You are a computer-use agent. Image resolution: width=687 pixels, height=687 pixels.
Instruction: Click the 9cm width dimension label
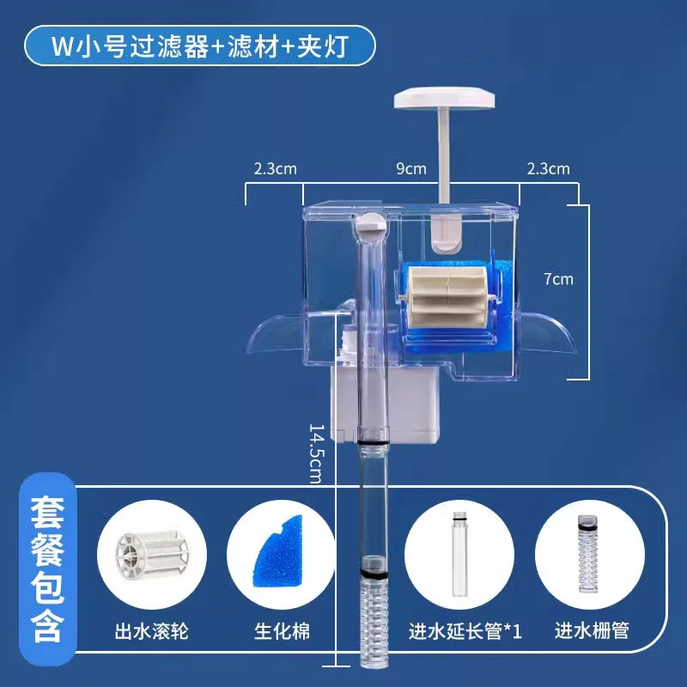click(x=411, y=168)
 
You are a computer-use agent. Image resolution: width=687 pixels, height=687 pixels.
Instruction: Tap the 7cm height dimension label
click(x=558, y=279)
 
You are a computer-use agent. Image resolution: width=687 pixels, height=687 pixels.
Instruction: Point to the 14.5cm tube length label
click(x=316, y=453)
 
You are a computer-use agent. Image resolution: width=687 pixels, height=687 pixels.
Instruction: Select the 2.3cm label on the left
click(x=275, y=168)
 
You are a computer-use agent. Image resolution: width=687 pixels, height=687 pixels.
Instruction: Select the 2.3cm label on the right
click(x=548, y=168)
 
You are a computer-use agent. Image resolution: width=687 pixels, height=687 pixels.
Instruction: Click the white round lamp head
click(x=444, y=98)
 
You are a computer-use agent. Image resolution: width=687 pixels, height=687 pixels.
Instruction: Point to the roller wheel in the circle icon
click(x=152, y=554)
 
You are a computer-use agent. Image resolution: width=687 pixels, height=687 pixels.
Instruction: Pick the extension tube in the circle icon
click(x=459, y=553)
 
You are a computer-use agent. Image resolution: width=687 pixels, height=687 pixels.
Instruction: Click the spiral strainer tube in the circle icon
click(x=588, y=554)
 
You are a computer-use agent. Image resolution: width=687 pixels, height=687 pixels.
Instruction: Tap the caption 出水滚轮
click(x=152, y=631)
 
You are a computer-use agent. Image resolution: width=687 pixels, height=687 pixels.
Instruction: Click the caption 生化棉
click(x=282, y=631)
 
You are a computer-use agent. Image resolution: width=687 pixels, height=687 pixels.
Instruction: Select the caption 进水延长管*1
click(x=465, y=631)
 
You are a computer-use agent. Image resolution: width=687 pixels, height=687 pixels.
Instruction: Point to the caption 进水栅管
click(x=592, y=631)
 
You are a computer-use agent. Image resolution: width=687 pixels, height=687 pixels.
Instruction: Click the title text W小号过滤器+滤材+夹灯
click(x=200, y=46)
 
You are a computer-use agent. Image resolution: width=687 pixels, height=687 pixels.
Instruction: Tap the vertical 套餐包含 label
click(x=47, y=568)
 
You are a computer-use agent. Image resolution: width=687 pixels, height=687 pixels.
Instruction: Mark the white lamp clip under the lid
click(x=445, y=234)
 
